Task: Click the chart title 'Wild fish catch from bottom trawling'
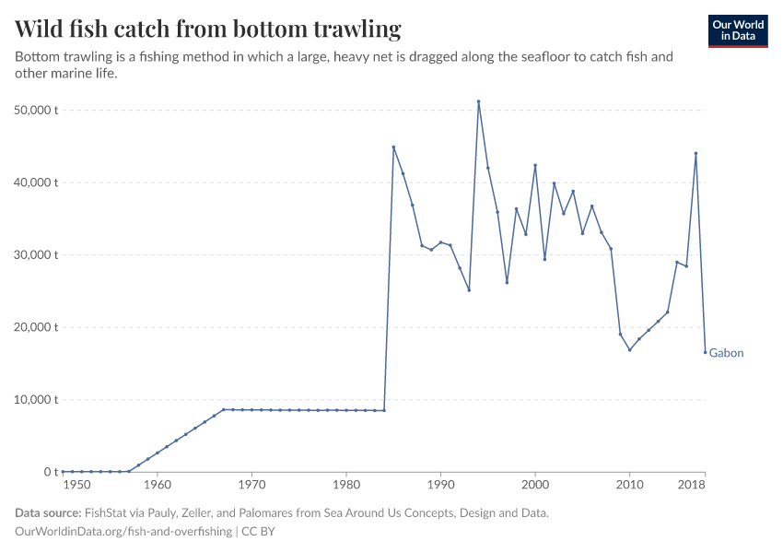click(x=208, y=29)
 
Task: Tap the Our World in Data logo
click(x=737, y=30)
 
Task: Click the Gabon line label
click(x=726, y=353)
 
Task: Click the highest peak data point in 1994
click(x=478, y=101)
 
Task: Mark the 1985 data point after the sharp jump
click(x=393, y=147)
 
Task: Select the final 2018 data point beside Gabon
click(x=705, y=352)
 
